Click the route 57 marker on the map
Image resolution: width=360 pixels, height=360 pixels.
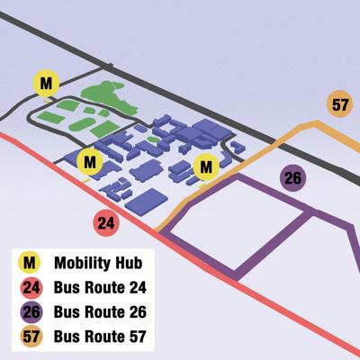(339, 104)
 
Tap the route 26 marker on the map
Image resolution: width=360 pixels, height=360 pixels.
(292, 177)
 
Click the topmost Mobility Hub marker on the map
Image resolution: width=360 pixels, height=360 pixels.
(46, 83)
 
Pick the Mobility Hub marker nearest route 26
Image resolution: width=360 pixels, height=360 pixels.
(207, 166)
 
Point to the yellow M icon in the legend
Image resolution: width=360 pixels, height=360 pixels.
(31, 263)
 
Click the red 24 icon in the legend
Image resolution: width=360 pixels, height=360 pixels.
(31, 288)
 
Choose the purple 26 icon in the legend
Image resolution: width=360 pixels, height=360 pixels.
(31, 313)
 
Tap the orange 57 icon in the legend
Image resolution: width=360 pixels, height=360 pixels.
(31, 338)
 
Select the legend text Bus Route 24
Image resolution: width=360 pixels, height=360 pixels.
(99, 288)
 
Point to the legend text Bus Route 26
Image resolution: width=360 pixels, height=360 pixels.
(99, 313)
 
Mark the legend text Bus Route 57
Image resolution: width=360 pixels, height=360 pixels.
(99, 338)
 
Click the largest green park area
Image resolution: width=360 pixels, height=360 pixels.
(104, 94)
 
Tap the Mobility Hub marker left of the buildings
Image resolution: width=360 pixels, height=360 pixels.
(88, 163)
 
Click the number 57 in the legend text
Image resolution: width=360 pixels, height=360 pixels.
(134, 338)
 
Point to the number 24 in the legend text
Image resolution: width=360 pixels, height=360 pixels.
(134, 288)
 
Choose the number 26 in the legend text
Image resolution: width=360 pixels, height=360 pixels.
(134, 313)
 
